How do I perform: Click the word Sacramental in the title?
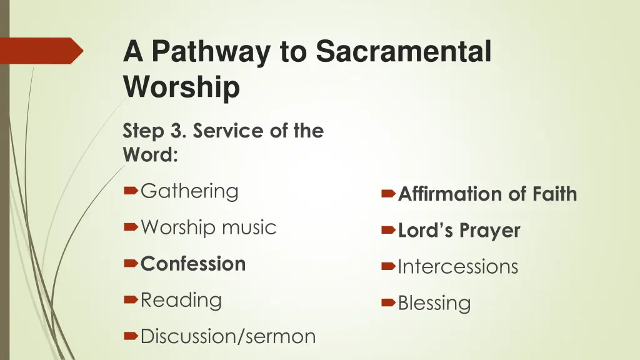404,51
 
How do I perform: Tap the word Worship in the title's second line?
181,87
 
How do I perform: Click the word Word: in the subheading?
151,154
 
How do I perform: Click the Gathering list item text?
189,191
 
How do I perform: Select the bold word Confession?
193,264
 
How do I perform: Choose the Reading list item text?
181,300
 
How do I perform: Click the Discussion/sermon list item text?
228,336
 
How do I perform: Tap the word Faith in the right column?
554,194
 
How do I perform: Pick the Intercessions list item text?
458,267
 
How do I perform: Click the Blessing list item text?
434,303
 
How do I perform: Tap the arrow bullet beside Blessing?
387,303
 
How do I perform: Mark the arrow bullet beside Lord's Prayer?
387,231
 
